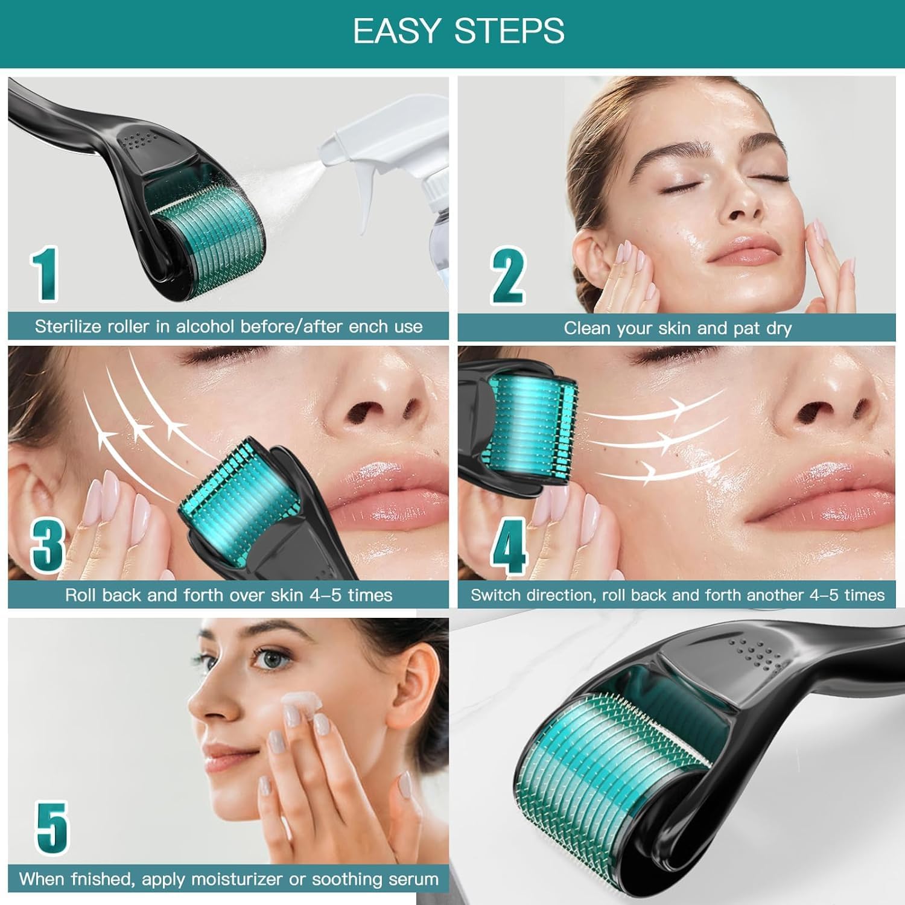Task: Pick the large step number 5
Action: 51,826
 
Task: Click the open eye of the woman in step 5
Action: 271,657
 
